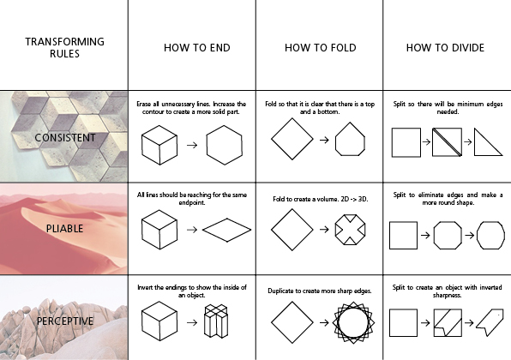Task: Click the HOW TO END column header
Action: pyautogui.click(x=197, y=48)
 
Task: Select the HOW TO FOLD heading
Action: pyautogui.click(x=321, y=48)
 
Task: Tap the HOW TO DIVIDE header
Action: pyautogui.click(x=445, y=48)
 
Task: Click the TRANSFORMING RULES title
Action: pyautogui.click(x=64, y=47)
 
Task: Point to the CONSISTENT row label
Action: pyautogui.click(x=65, y=138)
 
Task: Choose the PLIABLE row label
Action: pyautogui.click(x=64, y=229)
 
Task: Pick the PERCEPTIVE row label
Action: pyautogui.click(x=65, y=321)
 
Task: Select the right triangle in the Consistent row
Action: pyautogui.click(x=475, y=142)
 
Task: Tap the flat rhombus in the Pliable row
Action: pyautogui.click(x=227, y=219)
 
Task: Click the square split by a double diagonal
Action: pyautogui.click(x=448, y=142)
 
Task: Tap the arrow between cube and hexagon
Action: pyautogui.click(x=192, y=145)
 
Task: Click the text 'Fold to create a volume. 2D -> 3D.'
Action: pyautogui.click(x=321, y=199)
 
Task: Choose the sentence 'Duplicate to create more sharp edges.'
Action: pyautogui.click(x=320, y=291)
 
